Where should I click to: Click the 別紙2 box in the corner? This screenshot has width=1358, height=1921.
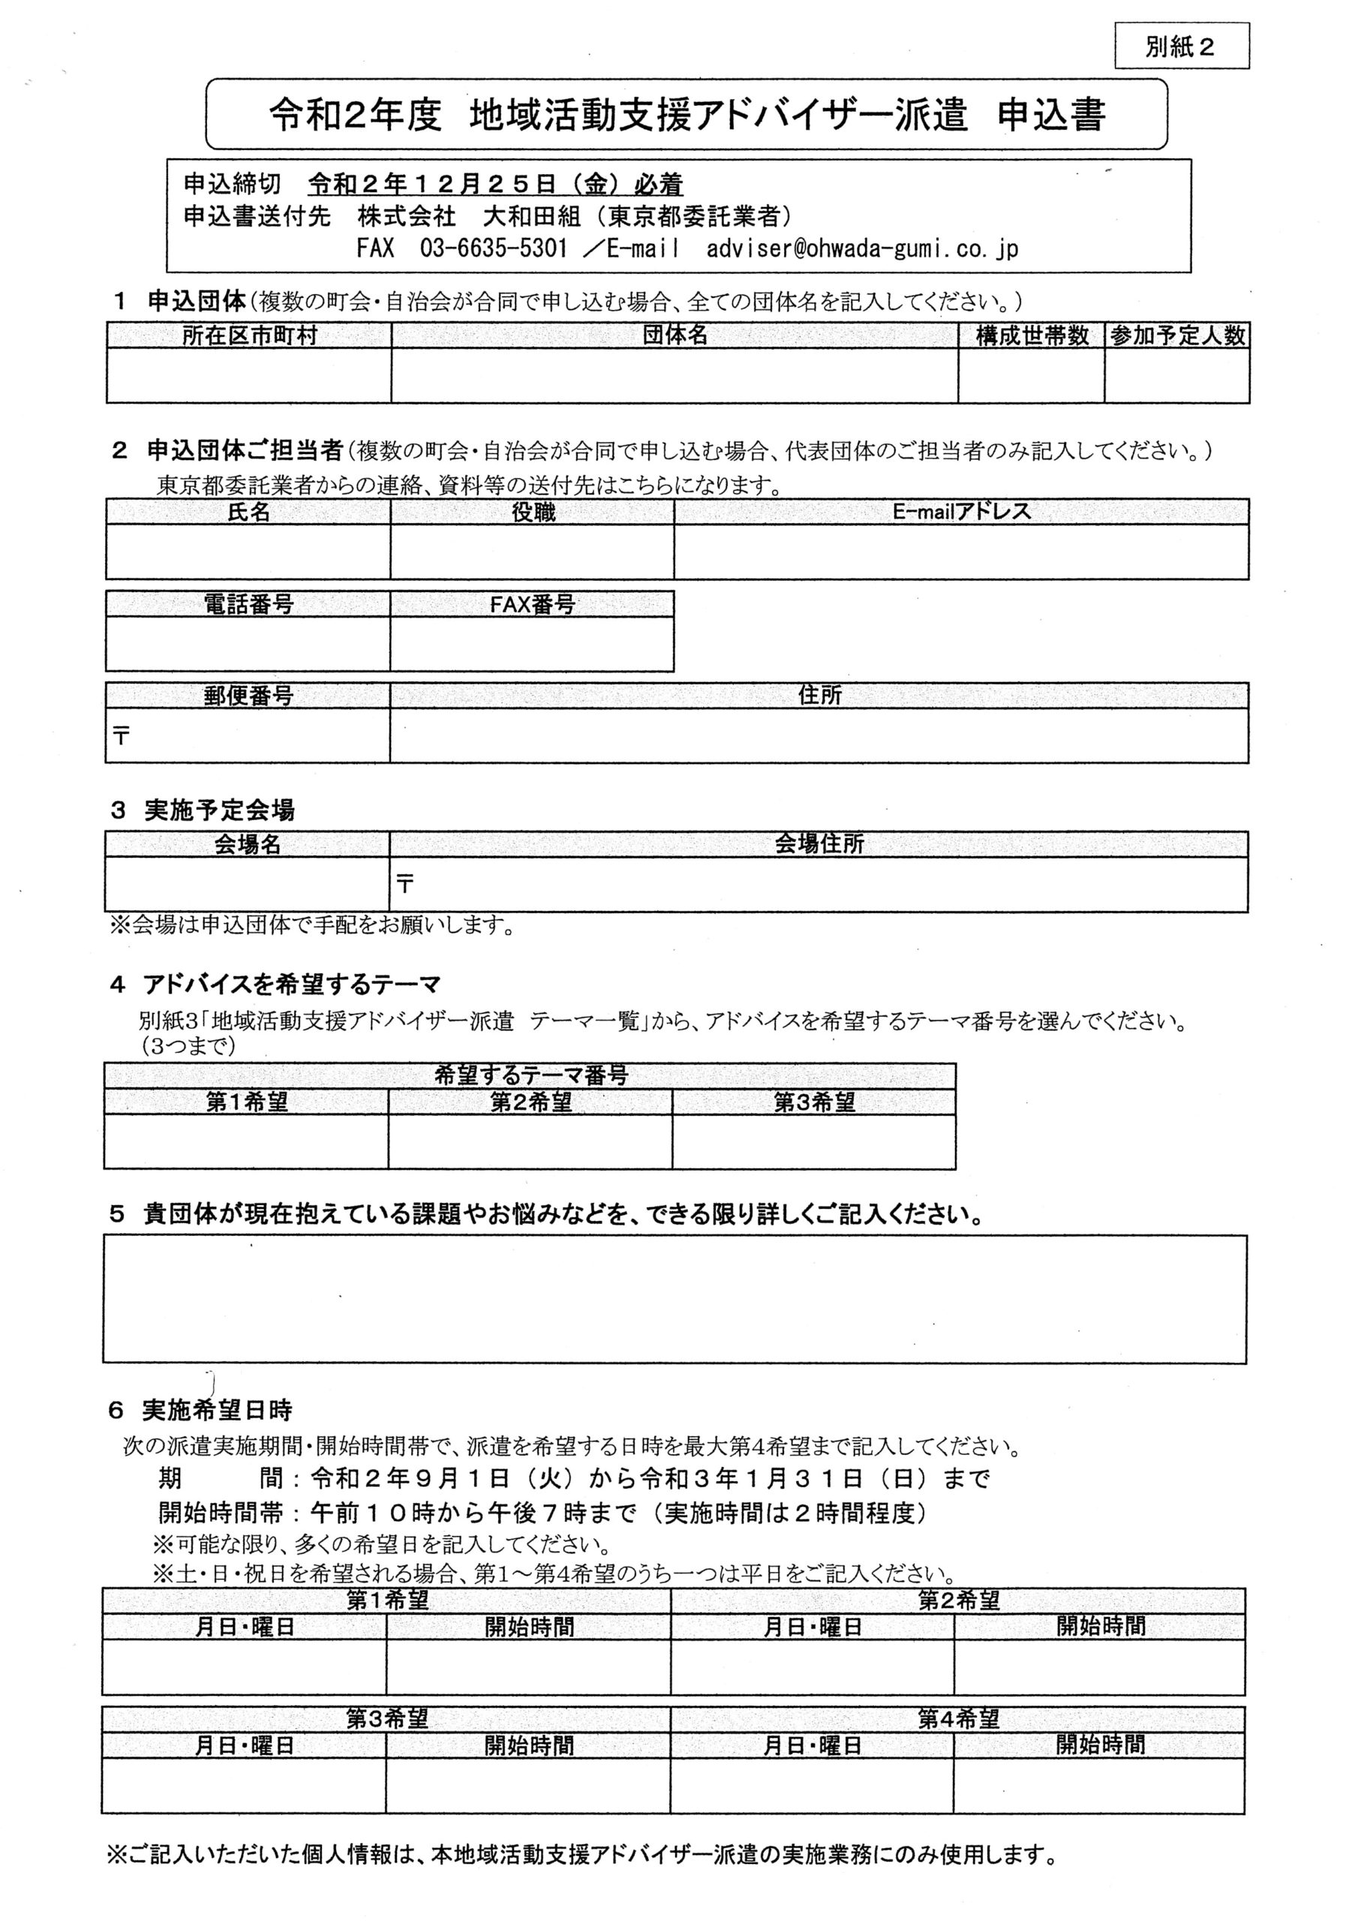coord(1181,47)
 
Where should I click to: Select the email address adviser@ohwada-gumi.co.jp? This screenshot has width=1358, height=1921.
coord(862,248)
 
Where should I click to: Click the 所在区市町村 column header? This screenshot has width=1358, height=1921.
coord(249,336)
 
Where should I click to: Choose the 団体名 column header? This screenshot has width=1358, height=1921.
coord(674,336)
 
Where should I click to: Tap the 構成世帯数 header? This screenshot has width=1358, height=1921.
coord(1032,336)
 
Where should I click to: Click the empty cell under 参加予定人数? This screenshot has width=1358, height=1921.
coord(1176,376)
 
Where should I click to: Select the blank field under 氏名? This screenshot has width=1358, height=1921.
coord(248,552)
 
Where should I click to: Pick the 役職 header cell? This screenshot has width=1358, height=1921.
coord(532,512)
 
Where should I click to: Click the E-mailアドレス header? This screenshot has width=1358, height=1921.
coord(961,512)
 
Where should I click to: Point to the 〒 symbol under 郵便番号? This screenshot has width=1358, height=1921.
coord(122,736)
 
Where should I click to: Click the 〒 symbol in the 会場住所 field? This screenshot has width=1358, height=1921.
coord(406,883)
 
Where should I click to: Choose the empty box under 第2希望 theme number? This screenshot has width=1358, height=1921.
coord(530,1141)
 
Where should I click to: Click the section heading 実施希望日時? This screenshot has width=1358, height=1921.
coord(217,1411)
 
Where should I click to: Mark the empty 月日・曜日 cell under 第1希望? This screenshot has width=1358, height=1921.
coord(245,1667)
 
